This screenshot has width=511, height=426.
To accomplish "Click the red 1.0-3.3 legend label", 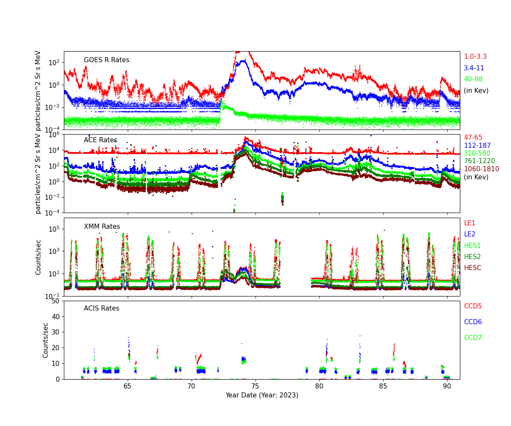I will [x=475, y=57].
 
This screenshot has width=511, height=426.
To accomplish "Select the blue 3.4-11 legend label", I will [x=474, y=68].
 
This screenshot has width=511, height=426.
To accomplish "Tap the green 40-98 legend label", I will [x=473, y=79].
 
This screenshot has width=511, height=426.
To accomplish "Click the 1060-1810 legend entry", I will [x=481, y=169].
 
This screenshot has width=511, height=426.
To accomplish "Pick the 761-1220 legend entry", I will [x=479, y=161].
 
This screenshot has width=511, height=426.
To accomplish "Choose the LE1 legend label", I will [x=469, y=223].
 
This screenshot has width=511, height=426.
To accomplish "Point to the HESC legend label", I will [x=472, y=268].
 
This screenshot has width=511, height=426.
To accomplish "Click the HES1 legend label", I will [x=472, y=245].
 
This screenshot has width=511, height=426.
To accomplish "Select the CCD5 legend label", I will [x=473, y=306].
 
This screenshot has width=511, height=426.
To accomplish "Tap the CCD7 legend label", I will [x=473, y=338].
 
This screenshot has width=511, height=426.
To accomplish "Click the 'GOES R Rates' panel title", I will [x=106, y=60].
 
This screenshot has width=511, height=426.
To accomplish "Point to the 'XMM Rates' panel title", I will [x=102, y=227].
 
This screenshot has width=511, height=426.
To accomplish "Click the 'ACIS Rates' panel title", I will [x=101, y=308].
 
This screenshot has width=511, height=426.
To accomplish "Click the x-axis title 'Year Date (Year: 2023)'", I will [x=262, y=395].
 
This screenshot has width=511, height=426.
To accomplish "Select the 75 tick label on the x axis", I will [x=255, y=386].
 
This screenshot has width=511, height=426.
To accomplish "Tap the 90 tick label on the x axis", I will [x=447, y=386].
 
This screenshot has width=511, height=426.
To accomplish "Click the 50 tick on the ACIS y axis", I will [x=56, y=301].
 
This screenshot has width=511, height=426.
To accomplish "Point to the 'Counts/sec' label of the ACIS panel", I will [x=46, y=340].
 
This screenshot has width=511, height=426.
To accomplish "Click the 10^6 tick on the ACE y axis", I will [x=54, y=135].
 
